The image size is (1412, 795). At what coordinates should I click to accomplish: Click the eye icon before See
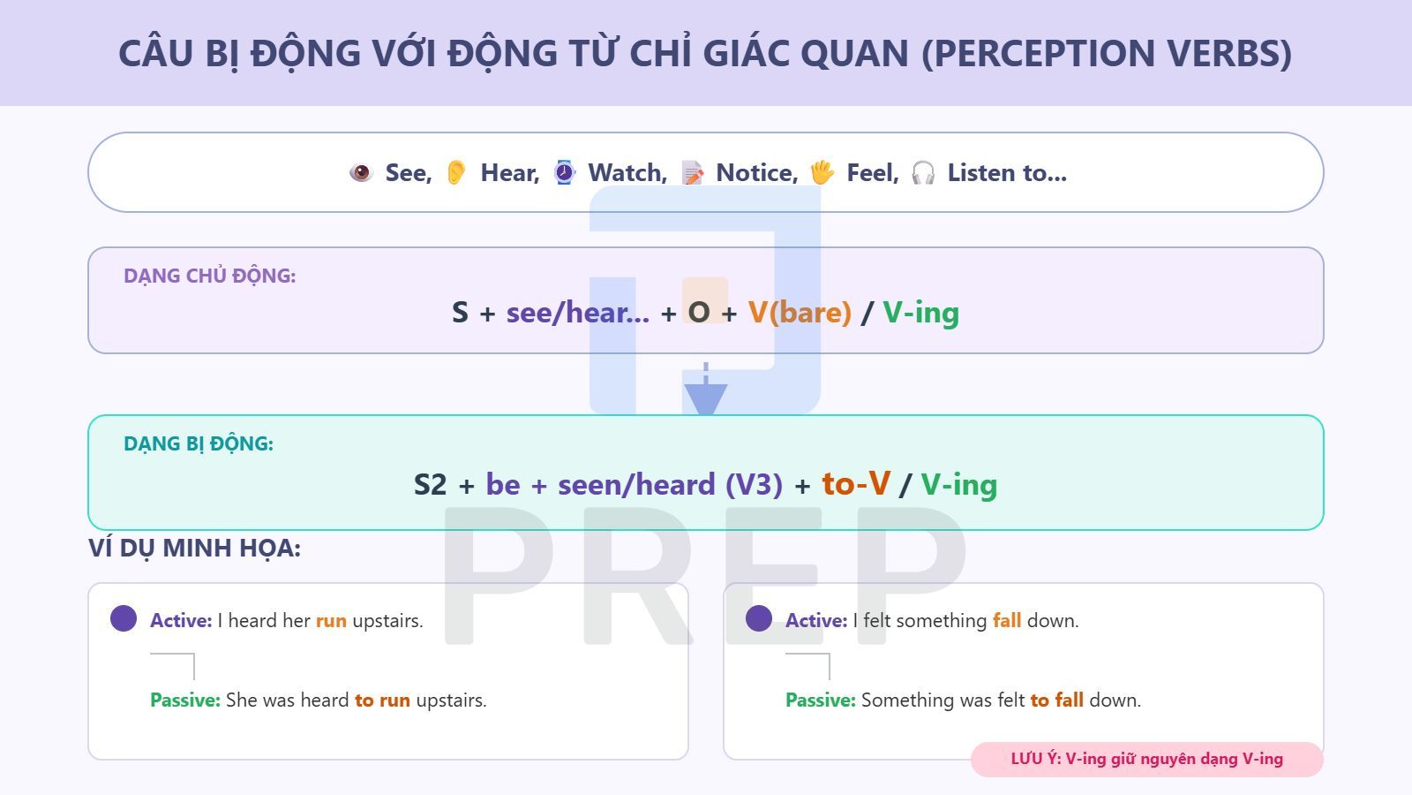coord(361,172)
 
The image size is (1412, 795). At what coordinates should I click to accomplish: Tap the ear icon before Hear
coord(456,172)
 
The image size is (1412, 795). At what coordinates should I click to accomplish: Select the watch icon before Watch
coord(564,172)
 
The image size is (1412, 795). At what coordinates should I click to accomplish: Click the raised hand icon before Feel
coord(822,172)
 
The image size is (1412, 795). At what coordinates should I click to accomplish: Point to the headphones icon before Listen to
coord(923,173)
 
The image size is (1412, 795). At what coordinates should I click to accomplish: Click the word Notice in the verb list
coord(756,173)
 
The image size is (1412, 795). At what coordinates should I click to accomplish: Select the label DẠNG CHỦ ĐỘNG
coord(209,276)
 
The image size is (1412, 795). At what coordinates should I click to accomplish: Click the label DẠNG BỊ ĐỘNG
coord(199,443)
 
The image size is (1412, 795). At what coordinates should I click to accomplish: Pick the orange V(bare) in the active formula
coord(800,312)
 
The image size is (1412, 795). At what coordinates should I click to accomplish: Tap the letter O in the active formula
coord(699,312)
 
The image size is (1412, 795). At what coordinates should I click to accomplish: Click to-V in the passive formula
coord(856,483)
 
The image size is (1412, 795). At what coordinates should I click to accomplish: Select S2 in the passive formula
coord(431,484)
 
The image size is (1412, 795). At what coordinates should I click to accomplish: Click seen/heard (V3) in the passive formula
coord(670,484)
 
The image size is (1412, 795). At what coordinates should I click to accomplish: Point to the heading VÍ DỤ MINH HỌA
coord(194,548)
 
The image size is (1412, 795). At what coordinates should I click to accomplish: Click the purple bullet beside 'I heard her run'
coord(124,618)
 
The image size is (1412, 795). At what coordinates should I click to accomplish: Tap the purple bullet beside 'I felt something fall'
coord(759,618)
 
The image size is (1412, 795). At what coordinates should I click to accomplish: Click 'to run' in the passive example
coord(382,700)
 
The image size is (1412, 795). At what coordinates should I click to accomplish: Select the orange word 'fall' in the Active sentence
coord(1007,620)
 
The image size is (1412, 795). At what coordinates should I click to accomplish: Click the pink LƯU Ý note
coord(1146,759)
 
